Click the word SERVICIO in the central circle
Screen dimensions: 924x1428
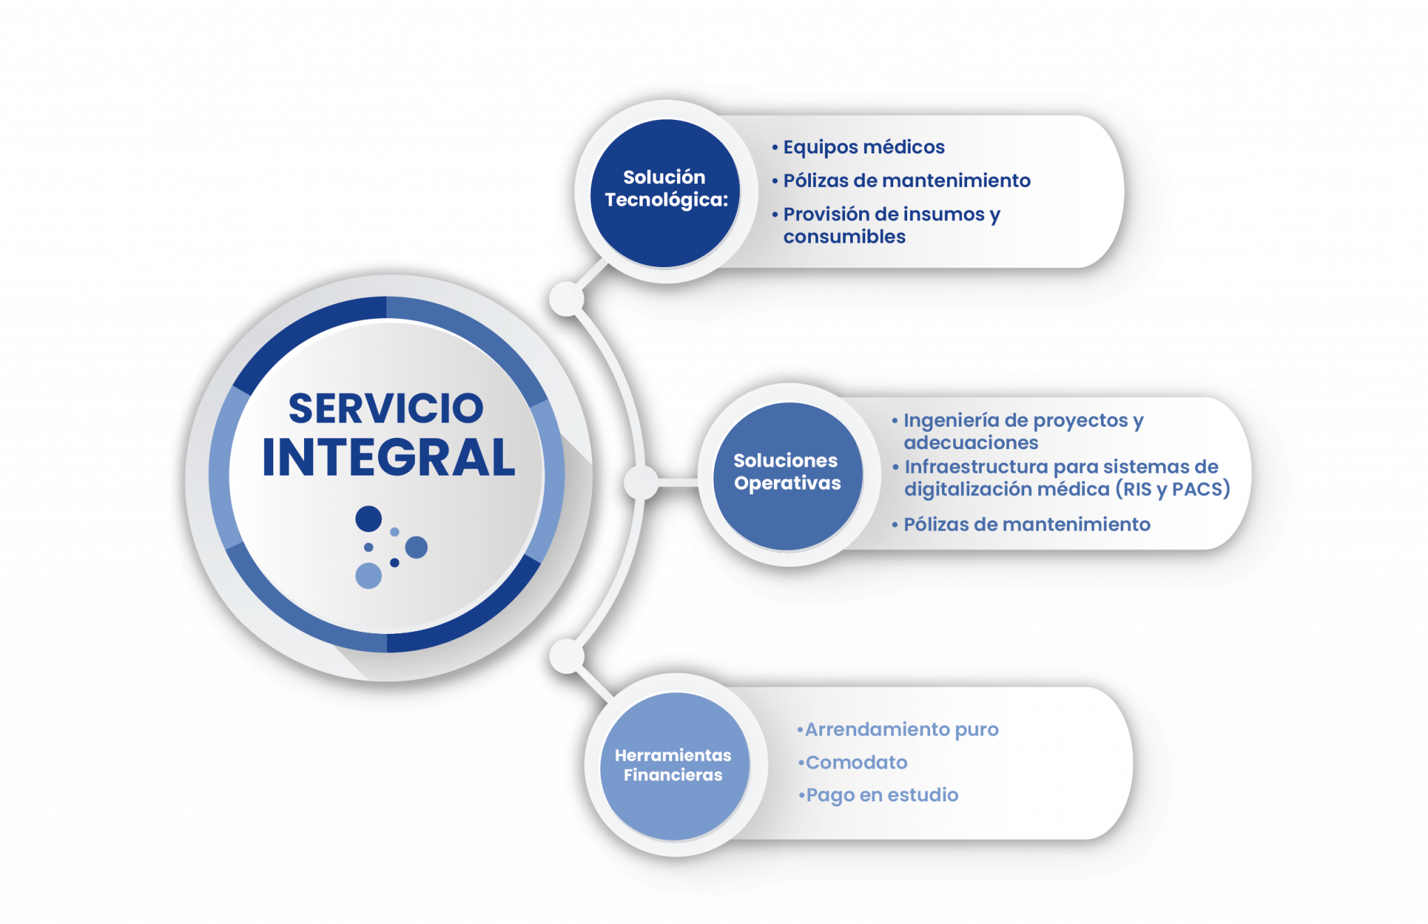point(386,408)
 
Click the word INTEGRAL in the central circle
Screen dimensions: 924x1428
point(388,457)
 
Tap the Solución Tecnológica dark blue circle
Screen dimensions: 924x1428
point(665,192)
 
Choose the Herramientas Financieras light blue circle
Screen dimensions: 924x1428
point(674,766)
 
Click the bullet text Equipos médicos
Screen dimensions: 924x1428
point(863,147)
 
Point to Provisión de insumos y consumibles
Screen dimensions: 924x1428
point(891,225)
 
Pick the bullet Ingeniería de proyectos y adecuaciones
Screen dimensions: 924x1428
point(1023,431)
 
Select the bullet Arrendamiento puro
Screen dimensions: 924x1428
point(902,729)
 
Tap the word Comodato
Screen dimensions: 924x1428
point(856,762)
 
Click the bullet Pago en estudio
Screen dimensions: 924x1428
point(882,795)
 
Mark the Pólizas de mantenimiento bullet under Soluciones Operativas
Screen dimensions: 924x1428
point(1026,524)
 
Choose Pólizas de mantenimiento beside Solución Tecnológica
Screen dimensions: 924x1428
point(906,181)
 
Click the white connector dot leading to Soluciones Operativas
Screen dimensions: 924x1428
point(641,483)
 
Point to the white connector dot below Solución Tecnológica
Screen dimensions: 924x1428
point(566,299)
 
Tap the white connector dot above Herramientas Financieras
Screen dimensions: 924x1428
point(566,656)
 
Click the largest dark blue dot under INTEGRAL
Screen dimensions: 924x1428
point(368,519)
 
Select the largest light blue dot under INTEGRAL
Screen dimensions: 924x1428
point(368,576)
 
